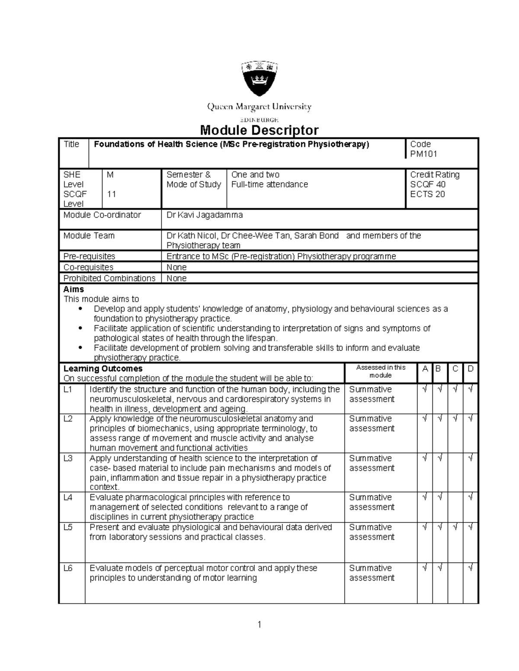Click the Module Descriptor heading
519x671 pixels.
(x=259, y=130)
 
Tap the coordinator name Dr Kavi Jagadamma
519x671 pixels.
(x=205, y=215)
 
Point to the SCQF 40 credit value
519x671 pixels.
(x=428, y=184)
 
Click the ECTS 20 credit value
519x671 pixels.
(x=427, y=194)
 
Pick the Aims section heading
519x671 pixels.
(x=74, y=289)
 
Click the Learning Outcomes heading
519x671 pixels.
(x=103, y=369)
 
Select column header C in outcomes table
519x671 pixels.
(x=455, y=369)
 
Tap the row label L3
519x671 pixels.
(x=68, y=458)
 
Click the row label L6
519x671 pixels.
(x=68, y=568)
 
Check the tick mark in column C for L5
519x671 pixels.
(x=455, y=527)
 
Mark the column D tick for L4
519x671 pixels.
(x=471, y=497)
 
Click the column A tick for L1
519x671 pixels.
(x=425, y=389)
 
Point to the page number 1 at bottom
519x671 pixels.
(x=259, y=624)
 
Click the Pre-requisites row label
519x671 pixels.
(x=89, y=256)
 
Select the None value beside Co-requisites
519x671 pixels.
(x=176, y=267)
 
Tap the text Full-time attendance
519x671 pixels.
(x=269, y=184)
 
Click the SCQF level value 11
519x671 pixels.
(x=112, y=194)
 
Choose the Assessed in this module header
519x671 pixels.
(x=381, y=371)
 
